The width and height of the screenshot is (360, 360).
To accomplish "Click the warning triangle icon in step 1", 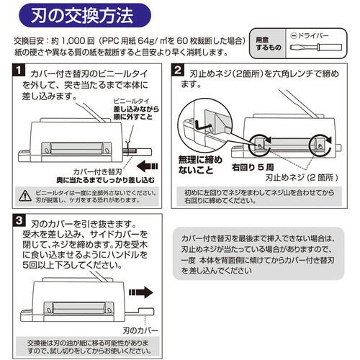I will tap(25, 195).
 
